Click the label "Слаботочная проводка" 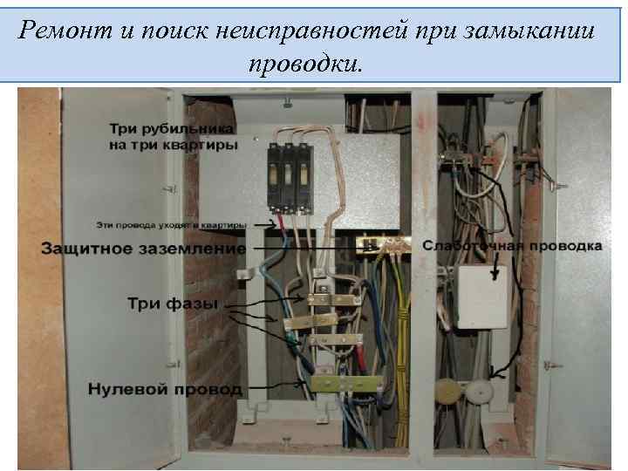512,246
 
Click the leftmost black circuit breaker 276,174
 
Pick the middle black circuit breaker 291,174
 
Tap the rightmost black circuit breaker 305,174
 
